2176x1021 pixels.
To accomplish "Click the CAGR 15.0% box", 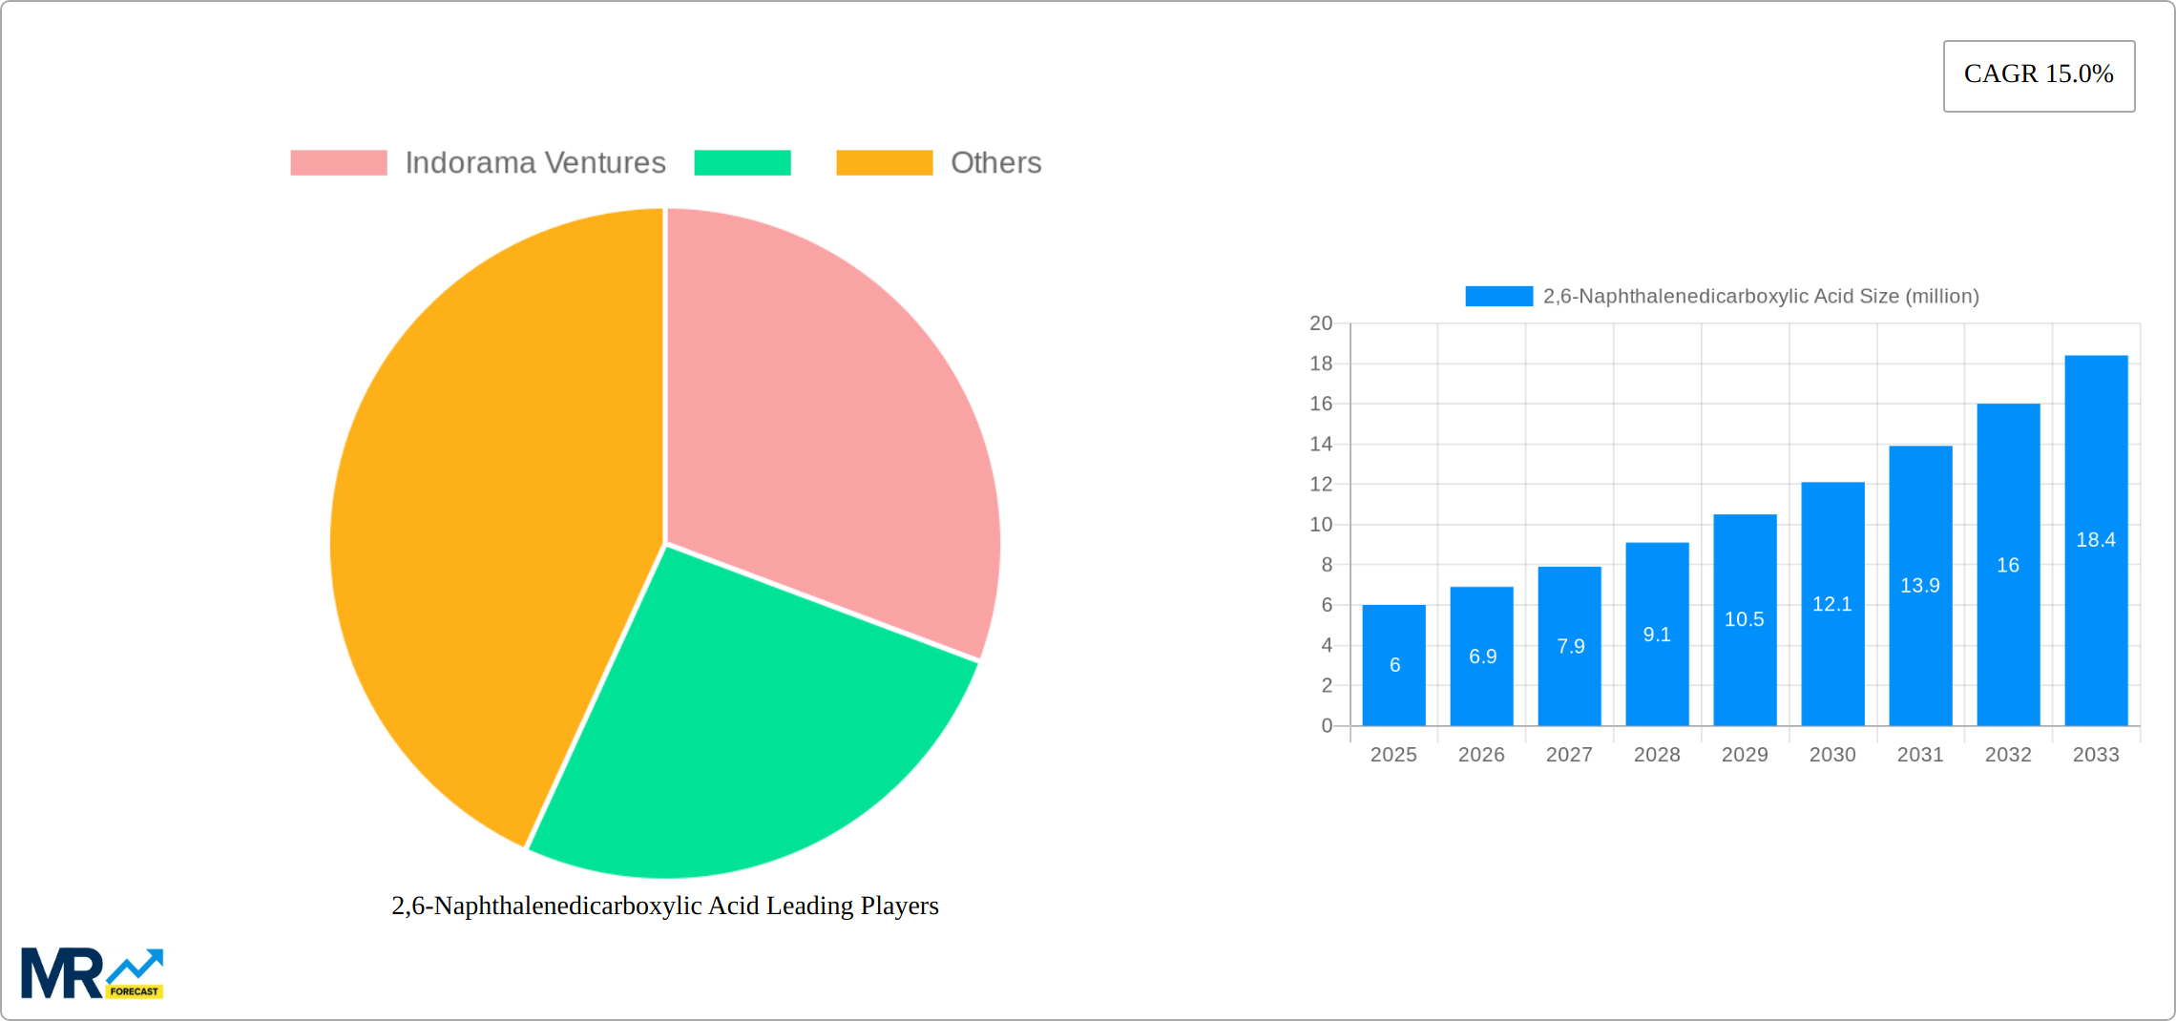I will (x=2039, y=75).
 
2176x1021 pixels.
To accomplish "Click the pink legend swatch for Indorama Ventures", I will (x=339, y=163).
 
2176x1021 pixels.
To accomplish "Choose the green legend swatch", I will (x=743, y=163).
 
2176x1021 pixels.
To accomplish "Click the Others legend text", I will (x=995, y=163).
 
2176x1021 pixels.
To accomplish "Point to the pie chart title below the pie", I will (x=665, y=906).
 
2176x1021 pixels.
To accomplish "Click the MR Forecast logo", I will (x=92, y=973).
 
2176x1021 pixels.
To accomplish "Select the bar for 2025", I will (x=1393, y=665).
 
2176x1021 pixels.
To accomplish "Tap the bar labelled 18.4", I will (x=2096, y=540).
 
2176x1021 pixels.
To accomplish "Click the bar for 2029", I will (x=1745, y=620).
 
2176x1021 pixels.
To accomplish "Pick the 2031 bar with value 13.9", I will (x=1920, y=586).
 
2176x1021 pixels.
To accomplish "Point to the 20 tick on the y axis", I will (x=1321, y=323).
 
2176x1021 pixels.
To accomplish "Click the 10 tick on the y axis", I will (x=1321, y=525).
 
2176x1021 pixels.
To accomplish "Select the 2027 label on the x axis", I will (x=1569, y=755).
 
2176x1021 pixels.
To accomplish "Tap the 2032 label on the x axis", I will (x=2008, y=755).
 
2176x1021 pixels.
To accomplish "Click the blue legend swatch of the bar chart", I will (x=1498, y=297).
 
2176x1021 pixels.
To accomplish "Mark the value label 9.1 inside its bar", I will (x=1657, y=635).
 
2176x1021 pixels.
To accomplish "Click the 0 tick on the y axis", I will (x=1327, y=726).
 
